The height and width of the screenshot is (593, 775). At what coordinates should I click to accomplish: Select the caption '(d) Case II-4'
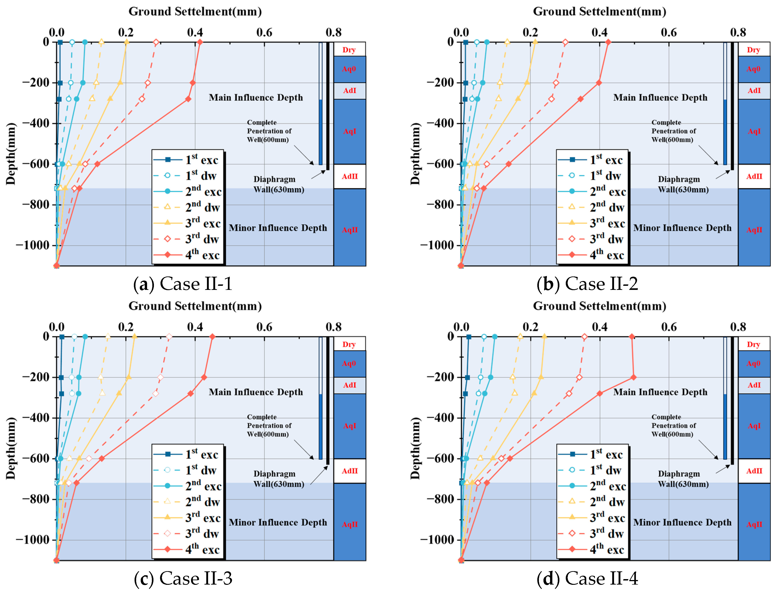coord(587,578)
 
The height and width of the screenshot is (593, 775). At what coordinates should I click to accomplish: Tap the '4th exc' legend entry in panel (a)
coord(187,255)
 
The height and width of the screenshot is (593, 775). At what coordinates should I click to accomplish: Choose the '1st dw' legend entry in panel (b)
coord(591,175)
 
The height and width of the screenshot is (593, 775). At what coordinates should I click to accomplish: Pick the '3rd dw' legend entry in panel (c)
coord(187,533)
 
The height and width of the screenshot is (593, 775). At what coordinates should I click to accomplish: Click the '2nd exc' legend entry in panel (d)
coord(591,486)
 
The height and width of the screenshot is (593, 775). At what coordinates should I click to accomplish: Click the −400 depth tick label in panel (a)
coord(36,123)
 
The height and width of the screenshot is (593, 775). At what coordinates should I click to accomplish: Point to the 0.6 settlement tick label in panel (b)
coord(668,33)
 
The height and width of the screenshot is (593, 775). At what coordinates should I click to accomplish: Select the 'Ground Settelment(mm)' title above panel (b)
coord(599,11)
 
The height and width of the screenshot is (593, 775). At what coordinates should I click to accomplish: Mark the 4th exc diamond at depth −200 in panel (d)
coord(633,377)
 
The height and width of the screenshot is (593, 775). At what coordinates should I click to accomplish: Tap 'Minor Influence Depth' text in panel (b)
coord(682,228)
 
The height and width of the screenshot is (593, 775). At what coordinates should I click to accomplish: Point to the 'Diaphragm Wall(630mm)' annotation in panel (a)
coord(278,184)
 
